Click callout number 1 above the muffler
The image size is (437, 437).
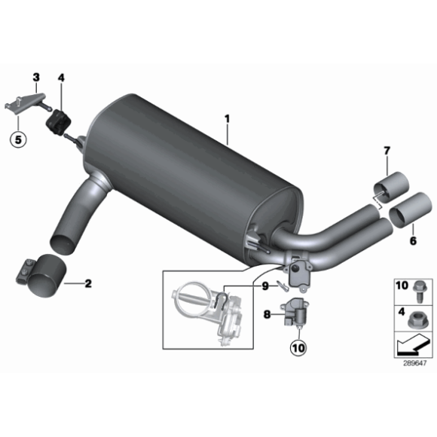226,118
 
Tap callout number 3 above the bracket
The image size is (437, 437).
35,77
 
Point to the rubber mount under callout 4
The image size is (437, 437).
57,121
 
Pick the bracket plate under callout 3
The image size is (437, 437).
24,102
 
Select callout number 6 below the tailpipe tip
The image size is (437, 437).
412,241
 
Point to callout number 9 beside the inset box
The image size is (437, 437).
265,286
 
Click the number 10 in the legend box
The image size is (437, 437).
401,285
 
